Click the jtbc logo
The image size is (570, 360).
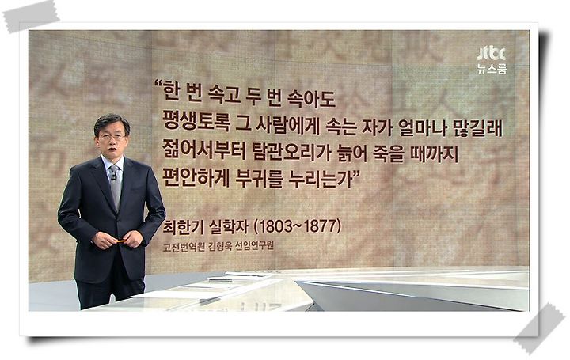point(492,54)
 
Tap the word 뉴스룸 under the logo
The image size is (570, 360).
point(492,69)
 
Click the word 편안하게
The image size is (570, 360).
point(196,178)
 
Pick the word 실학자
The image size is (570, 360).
point(228,226)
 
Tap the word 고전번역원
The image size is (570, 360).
point(184,247)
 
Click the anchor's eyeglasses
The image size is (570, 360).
point(112,138)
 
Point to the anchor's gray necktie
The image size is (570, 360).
point(116,187)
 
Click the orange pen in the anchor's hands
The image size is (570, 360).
point(120,241)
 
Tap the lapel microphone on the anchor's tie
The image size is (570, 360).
point(113,178)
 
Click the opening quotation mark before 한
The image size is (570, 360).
point(158,85)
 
